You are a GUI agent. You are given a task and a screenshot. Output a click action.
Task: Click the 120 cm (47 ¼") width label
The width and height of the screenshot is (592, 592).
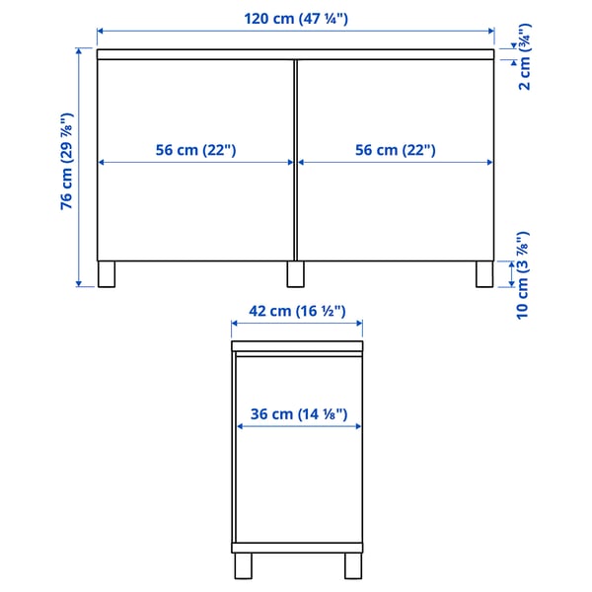[295, 17]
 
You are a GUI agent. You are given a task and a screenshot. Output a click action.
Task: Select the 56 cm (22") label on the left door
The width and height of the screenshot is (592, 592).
[196, 150]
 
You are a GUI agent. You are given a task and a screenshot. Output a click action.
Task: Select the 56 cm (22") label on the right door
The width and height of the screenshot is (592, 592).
[395, 150]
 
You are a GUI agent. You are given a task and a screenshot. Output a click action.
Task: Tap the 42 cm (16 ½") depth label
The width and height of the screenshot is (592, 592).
[296, 311]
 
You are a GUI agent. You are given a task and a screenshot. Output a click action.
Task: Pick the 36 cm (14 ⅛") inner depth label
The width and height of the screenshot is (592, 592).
[296, 414]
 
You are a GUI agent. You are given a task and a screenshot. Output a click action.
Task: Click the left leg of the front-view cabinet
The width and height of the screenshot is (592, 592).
[108, 273]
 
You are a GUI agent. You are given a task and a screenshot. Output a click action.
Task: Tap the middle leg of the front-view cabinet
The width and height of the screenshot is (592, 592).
[295, 273]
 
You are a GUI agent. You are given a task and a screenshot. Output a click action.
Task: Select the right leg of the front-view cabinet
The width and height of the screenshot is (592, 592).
[483, 273]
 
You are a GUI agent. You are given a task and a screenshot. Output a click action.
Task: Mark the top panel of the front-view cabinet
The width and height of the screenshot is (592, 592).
[295, 54]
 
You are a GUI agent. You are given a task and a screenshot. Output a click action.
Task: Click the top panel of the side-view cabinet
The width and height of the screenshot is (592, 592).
[296, 346]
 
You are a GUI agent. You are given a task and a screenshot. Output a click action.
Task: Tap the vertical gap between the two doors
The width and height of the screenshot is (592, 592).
[296, 158]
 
